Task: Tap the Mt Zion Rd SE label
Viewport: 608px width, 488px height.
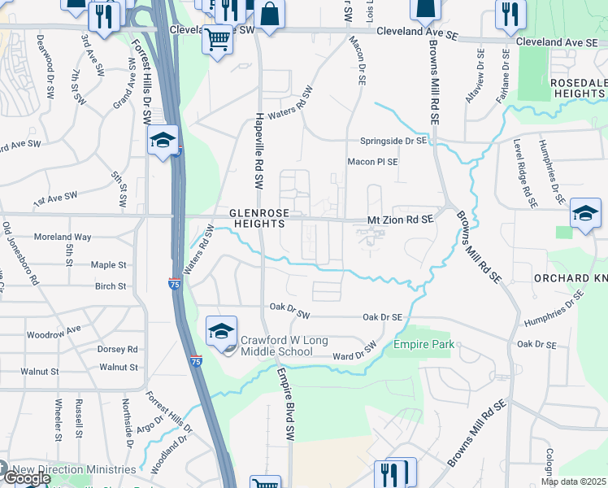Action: pyautogui.click(x=401, y=220)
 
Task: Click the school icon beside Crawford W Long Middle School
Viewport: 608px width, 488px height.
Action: pyautogui.click(x=221, y=331)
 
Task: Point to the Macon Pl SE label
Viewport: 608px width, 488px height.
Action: pyautogui.click(x=373, y=162)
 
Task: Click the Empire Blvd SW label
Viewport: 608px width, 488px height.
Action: pyautogui.click(x=285, y=404)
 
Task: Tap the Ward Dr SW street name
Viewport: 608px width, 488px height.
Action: pyautogui.click(x=356, y=351)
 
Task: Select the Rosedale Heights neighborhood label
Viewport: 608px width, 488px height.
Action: pyautogui.click(x=578, y=89)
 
